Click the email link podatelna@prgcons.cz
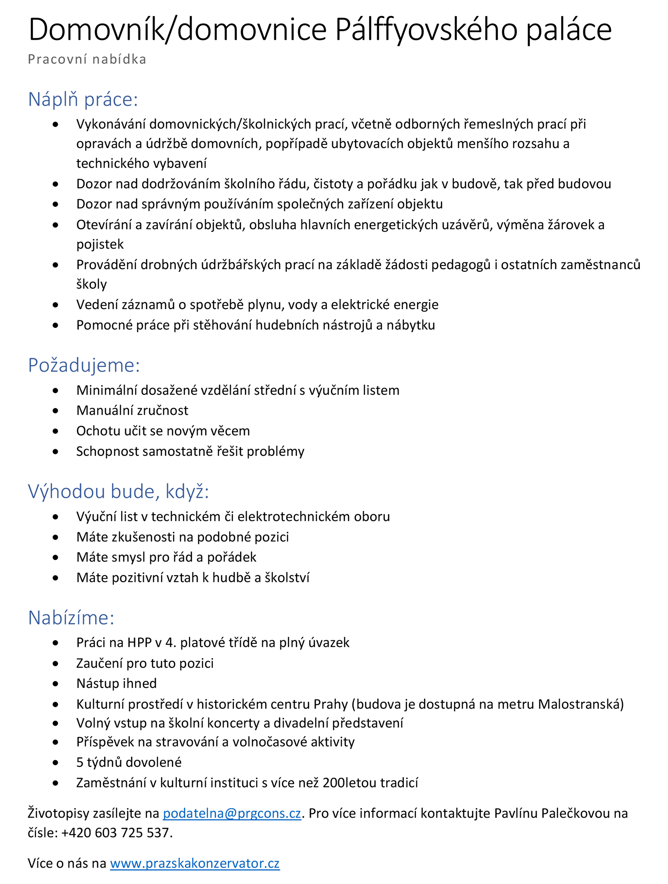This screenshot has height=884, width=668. click(x=232, y=813)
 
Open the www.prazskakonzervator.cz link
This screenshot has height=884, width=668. click(x=195, y=863)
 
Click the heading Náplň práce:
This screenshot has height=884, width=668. click(x=83, y=99)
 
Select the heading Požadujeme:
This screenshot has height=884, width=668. click(x=84, y=365)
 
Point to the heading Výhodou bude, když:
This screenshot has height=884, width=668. click(x=118, y=491)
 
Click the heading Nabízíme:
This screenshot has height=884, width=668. click(x=71, y=618)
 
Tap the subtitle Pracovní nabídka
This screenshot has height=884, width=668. click(x=87, y=59)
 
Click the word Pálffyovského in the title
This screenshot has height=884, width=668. click(x=427, y=29)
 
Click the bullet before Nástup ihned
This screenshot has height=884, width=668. click(x=55, y=683)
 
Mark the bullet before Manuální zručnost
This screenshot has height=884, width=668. click(x=55, y=410)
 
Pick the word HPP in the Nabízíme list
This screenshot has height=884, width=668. click(x=139, y=643)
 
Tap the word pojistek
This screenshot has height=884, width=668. click(x=100, y=244)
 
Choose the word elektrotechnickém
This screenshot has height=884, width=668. click(x=294, y=516)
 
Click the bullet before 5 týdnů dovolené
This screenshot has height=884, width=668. click(x=55, y=762)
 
